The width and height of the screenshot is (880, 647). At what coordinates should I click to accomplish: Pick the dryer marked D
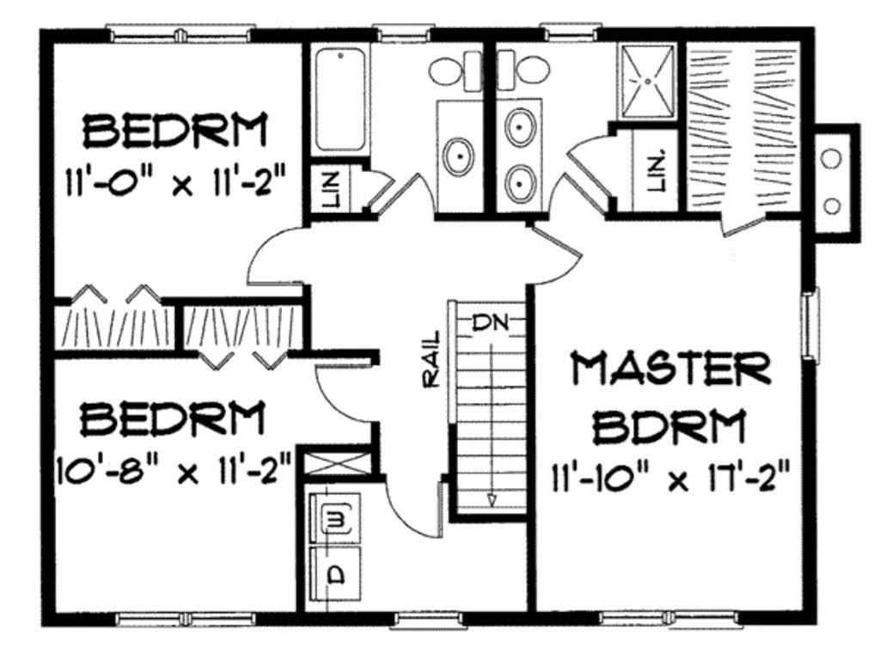coord(335,575)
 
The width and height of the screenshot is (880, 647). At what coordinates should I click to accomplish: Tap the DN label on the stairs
coord(490,323)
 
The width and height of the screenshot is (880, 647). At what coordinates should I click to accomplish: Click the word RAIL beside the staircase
coord(431,359)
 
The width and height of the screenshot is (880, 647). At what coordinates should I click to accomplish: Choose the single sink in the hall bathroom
coord(459,156)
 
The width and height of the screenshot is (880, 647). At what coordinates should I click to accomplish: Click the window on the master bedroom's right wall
coord(810,323)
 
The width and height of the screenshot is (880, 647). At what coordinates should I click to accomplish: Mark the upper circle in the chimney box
coord(831,158)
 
